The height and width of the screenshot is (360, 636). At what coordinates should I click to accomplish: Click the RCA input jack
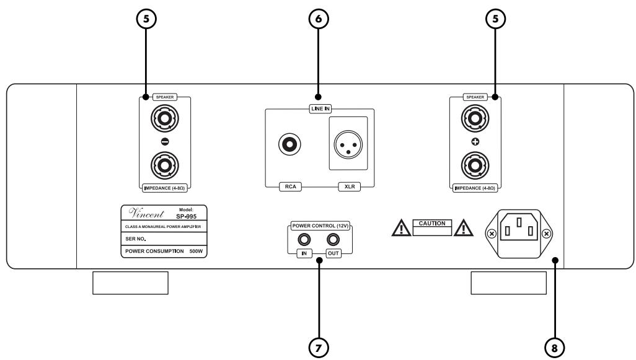pos(289,145)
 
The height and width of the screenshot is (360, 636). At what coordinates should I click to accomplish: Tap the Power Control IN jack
pos(304,240)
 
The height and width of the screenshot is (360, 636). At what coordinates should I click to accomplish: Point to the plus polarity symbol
pos(474,141)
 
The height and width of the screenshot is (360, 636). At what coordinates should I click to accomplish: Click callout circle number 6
pos(318,19)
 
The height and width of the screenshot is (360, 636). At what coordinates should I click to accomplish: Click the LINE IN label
pos(318,109)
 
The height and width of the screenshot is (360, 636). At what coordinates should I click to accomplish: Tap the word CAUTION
pos(435,222)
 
